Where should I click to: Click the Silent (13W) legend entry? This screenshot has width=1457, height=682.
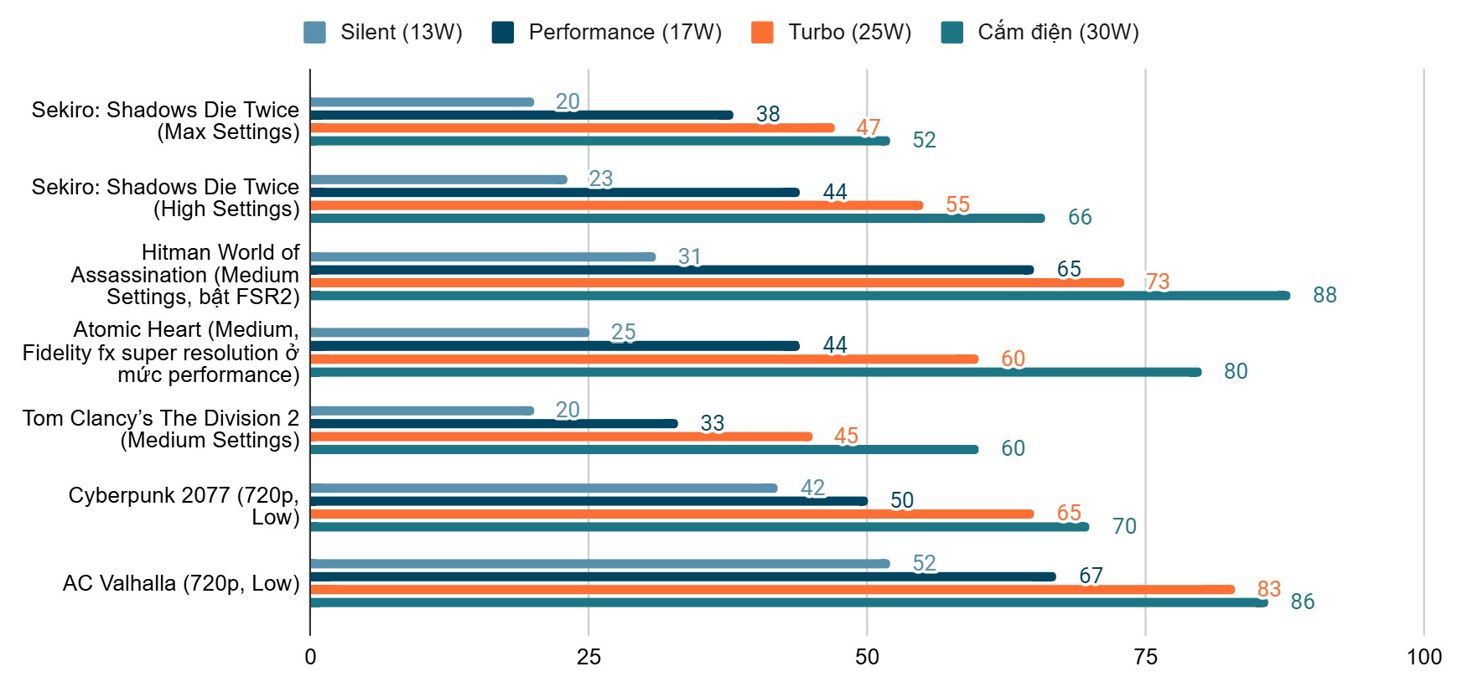[x=383, y=32]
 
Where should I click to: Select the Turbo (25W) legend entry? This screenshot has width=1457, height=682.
[x=831, y=32]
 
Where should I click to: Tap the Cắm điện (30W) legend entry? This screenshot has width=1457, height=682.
[x=1040, y=32]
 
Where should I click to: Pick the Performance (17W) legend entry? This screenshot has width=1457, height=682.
[x=607, y=32]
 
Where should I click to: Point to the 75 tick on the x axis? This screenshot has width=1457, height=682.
[x=1145, y=657]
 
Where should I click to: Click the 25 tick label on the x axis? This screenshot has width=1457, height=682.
[x=589, y=657]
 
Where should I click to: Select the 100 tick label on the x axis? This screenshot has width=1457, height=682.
[x=1423, y=657]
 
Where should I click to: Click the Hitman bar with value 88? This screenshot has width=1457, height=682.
[x=800, y=295]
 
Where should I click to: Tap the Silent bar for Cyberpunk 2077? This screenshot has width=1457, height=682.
[x=544, y=488]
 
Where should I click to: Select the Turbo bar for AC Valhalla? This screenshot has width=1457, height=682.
[x=772, y=589]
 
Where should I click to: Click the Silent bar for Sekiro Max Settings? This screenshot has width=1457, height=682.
[x=422, y=102]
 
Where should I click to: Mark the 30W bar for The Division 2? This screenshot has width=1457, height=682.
[x=644, y=449]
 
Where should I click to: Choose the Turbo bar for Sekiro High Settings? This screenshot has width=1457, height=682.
[x=616, y=205]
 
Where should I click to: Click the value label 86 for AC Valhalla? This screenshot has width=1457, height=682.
[x=1302, y=602]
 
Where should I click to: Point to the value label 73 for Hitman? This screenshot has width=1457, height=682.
[x=1158, y=282]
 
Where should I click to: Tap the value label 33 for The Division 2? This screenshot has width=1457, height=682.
[x=712, y=423]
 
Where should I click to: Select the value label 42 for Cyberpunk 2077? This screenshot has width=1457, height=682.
[x=812, y=488]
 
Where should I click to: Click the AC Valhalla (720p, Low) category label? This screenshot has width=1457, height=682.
[x=181, y=583]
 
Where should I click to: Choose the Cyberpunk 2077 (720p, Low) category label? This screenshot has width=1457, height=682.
[x=184, y=506]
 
